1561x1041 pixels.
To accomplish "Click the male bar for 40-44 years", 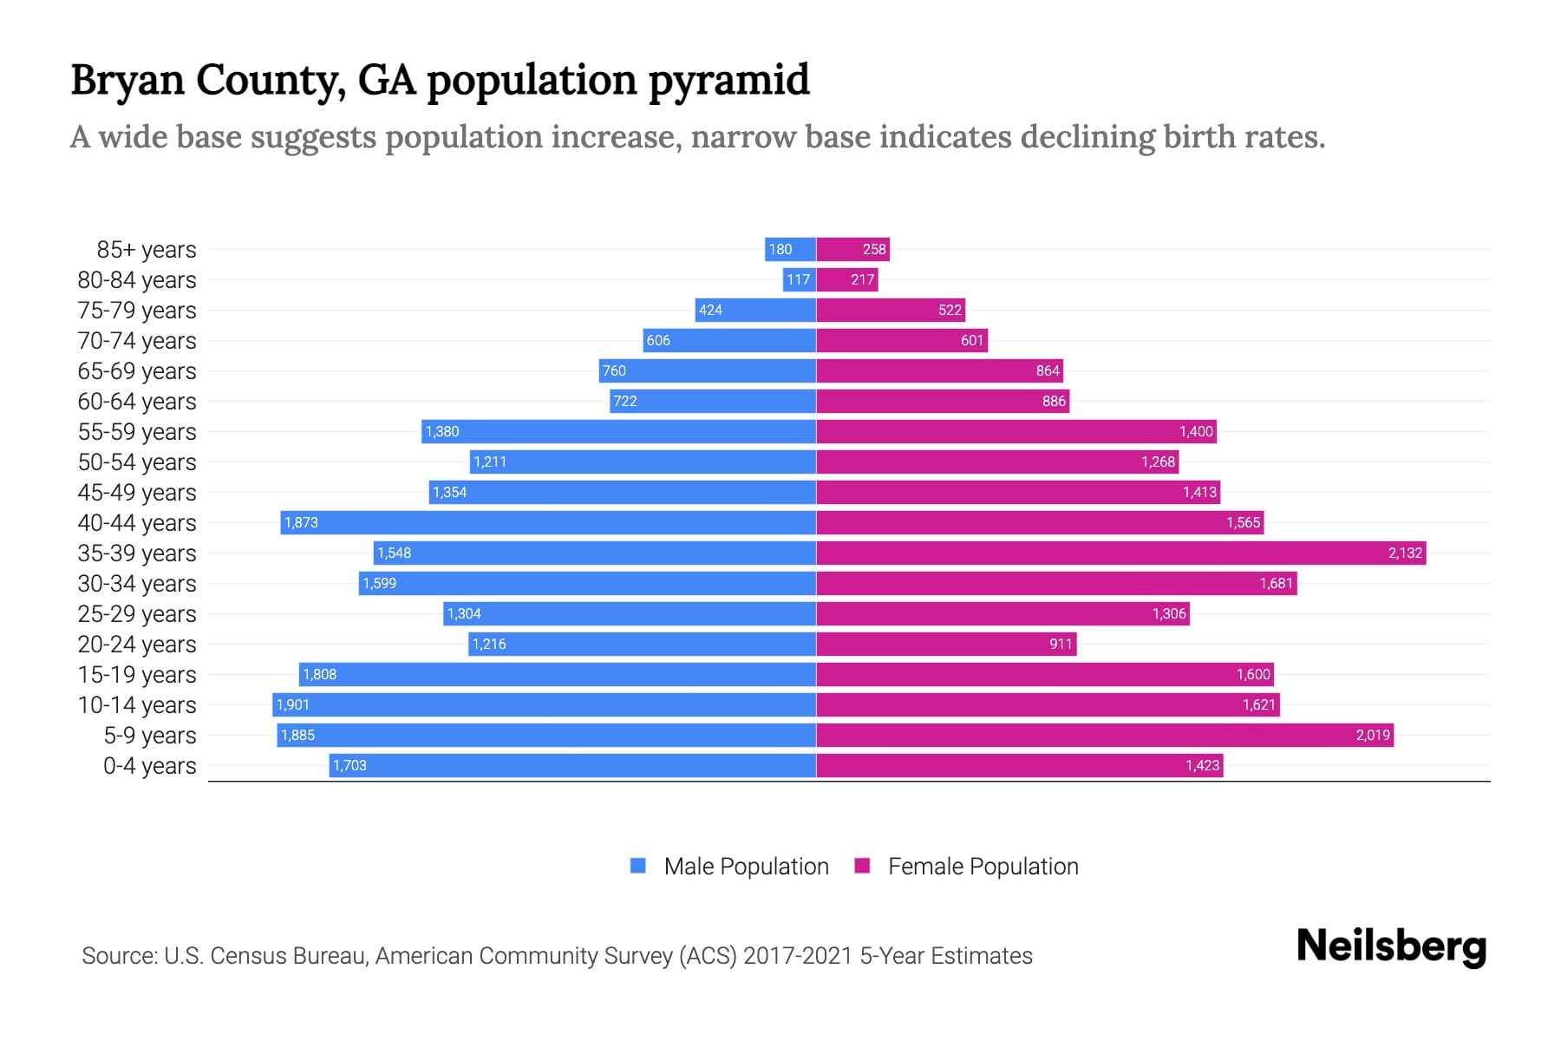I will click(x=548, y=522).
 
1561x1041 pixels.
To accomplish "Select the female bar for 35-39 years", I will click(x=1120, y=553).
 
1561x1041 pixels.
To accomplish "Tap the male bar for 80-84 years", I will click(x=799, y=279).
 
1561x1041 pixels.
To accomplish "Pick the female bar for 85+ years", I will click(x=852, y=249).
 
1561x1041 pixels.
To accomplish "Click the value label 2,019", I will click(x=1373, y=735).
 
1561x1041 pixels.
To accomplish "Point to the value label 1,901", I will click(x=293, y=704).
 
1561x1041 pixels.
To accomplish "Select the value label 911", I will click(x=1061, y=644).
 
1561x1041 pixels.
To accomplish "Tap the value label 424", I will click(x=710, y=310).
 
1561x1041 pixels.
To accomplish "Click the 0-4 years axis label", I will click(x=149, y=766).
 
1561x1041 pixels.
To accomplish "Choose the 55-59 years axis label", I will click(x=137, y=432).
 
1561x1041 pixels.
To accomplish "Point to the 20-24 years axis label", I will click(x=137, y=645).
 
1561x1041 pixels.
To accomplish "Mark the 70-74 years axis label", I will click(x=137, y=341).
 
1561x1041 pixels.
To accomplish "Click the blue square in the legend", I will click(x=638, y=866).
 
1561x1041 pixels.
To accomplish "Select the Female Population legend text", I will click(x=983, y=867).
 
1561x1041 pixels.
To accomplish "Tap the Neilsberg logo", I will click(x=1391, y=947).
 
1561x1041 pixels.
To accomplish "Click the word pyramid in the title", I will click(x=728, y=80).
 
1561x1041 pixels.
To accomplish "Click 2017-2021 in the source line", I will click(x=798, y=956).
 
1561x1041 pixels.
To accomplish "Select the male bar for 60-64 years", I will click(x=713, y=401).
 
